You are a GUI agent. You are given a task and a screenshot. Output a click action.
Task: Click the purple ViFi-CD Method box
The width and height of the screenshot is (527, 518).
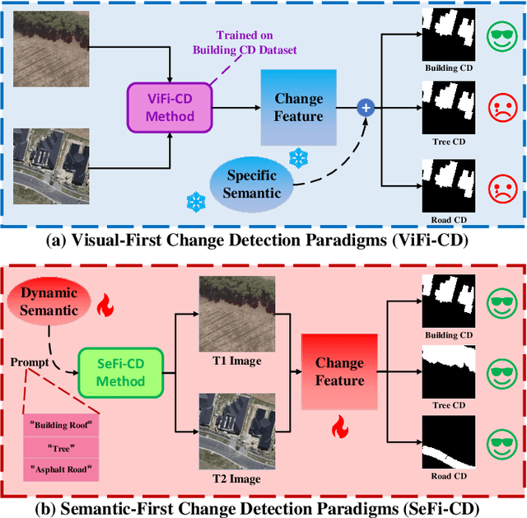click(170, 106)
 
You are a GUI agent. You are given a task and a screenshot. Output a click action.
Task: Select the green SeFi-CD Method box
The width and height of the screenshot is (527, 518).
click(120, 371)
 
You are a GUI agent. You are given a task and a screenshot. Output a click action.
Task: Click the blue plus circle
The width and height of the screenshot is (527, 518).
click(363, 106)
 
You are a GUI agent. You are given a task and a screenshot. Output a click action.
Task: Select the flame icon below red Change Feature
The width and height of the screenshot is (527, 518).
click(338, 427)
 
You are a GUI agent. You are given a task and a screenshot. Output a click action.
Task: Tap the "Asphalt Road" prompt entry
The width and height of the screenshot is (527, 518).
click(59, 469)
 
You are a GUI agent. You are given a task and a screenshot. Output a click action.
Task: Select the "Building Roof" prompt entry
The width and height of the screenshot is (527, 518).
click(59, 426)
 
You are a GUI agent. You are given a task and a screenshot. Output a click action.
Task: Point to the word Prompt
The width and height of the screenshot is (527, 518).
click(28, 362)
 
